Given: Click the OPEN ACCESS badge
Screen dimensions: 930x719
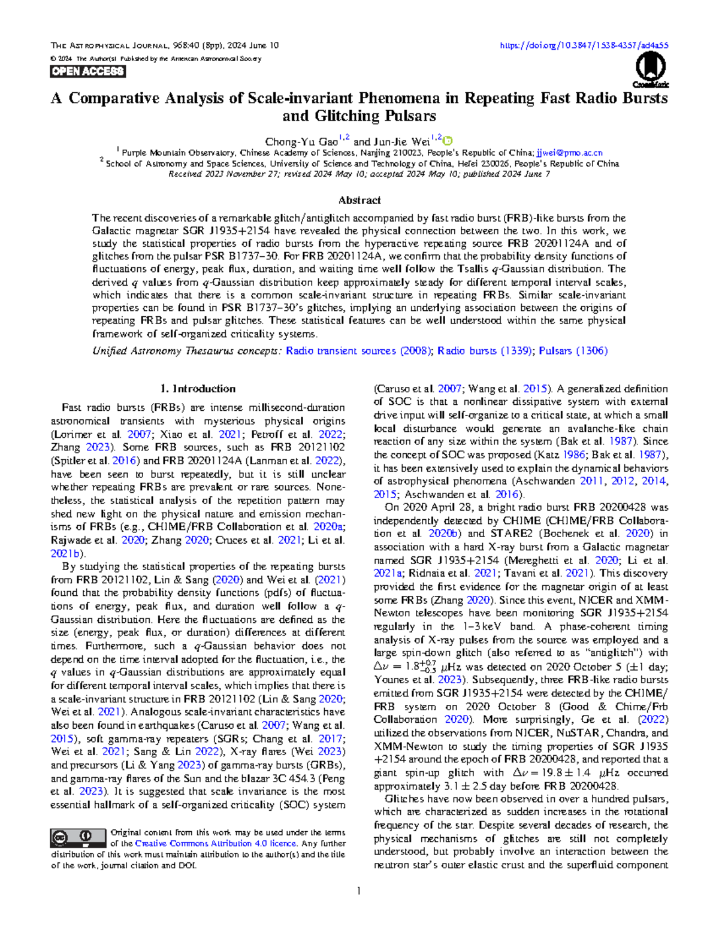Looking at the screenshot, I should click(88, 72).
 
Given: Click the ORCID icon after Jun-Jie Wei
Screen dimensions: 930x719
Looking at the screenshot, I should click(448, 141).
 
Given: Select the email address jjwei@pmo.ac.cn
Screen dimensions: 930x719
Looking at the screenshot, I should click(569, 153).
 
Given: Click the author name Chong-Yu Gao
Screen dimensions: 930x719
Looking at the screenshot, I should click(301, 142).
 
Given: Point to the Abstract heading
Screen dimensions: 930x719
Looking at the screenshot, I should click(359, 200).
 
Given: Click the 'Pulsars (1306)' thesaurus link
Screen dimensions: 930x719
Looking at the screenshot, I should click(573, 351).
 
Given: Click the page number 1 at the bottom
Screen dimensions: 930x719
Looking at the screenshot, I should click(358, 891).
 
